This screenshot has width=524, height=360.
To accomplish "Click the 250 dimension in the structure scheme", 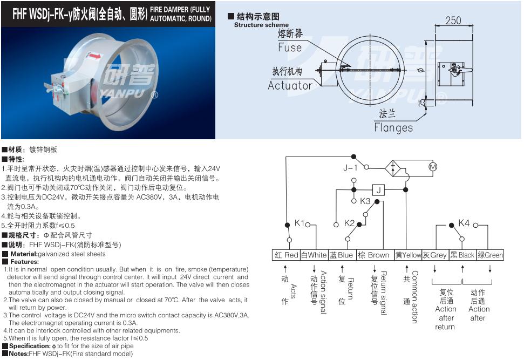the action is coord(453,21).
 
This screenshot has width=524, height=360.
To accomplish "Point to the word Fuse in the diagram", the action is coord(290,47).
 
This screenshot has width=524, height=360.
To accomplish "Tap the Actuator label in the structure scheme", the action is coord(290,86).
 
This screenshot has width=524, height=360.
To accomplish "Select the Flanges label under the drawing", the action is coord(393,127).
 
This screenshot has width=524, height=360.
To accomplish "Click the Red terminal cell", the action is coord(287,255).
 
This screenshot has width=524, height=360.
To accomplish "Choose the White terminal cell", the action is coord(314,255).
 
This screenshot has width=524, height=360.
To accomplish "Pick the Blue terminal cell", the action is coord(342,255).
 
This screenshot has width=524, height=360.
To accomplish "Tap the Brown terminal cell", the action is coord(375,255).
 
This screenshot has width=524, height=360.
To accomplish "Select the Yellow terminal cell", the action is coord(407,255).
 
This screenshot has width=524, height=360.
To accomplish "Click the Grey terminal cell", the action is coord(435,255).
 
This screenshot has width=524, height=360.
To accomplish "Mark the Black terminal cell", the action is coord(462,255).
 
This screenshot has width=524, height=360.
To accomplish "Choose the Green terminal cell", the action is coord(490,255).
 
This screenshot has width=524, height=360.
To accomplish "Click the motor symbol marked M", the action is coord(433,167).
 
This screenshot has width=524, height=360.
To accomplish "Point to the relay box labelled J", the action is coord(378,190).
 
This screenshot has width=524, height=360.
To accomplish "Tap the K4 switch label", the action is coord(464,222).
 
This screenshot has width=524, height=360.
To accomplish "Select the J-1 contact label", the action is coord(350,167).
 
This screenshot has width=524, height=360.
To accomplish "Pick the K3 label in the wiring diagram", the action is coord(365,201).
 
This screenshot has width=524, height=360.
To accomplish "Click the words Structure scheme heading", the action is coord(261,25).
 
